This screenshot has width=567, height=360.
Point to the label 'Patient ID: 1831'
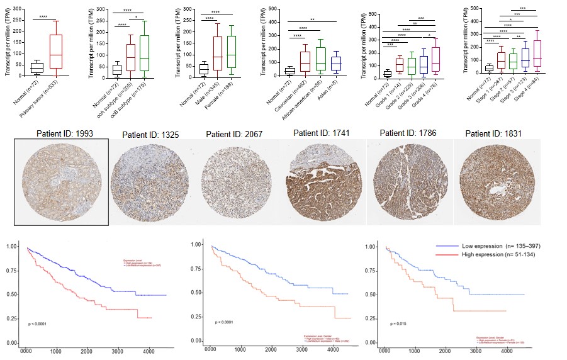click(x=495, y=134)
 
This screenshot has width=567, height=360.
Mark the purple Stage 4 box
click(x=537, y=58)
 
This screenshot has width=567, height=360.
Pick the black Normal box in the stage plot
click(x=489, y=68)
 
